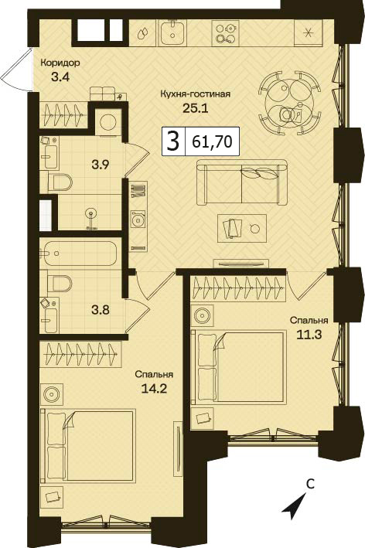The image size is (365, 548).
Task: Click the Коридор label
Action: [x=60, y=63]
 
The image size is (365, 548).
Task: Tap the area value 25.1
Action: [x=196, y=108]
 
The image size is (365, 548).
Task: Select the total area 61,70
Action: [x=213, y=142]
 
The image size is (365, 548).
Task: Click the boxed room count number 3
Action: [x=173, y=142]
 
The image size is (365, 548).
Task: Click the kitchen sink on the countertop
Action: [x=173, y=32]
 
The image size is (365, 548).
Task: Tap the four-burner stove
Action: [x=224, y=32]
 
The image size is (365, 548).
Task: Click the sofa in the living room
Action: [x=241, y=182]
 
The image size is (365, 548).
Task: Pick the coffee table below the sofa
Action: [x=242, y=228]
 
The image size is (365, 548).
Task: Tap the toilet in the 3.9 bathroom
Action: [x=60, y=182]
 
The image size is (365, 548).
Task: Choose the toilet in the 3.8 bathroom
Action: [x=60, y=283]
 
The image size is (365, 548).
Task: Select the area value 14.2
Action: [x=153, y=389]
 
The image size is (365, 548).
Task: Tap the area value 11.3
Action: [x=309, y=335]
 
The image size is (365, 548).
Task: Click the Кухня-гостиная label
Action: [x=196, y=94]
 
